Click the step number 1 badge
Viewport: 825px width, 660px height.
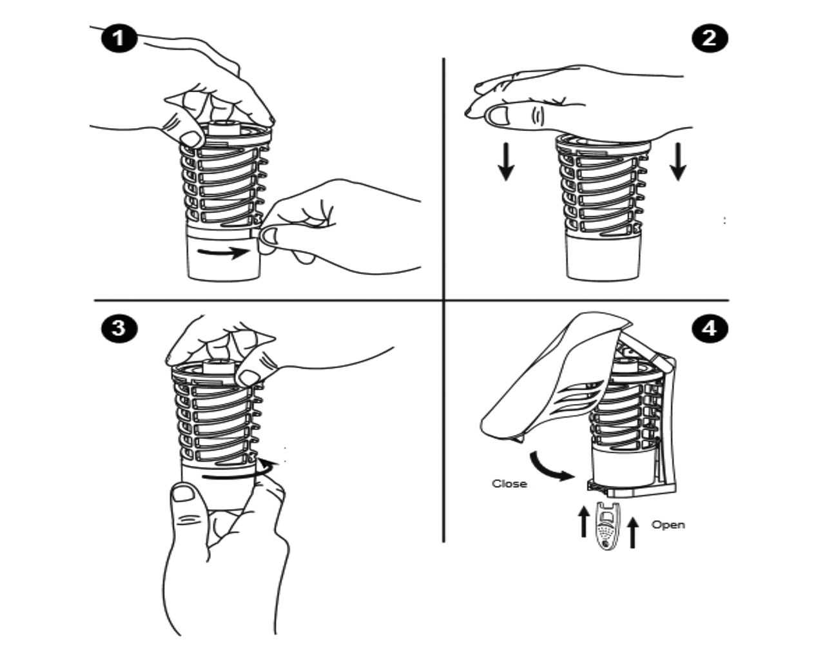(119, 39)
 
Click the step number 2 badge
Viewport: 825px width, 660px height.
(710, 39)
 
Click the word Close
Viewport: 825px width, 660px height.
(509, 483)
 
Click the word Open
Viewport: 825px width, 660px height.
(668, 525)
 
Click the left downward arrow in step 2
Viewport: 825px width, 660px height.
(506, 161)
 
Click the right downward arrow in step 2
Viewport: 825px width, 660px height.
(678, 161)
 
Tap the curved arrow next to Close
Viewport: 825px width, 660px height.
(551, 467)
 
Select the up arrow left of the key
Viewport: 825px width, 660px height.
(583, 521)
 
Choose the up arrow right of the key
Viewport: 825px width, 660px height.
(632, 532)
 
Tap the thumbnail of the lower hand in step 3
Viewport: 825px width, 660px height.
(183, 493)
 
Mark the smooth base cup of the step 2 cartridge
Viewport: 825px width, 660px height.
(603, 259)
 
